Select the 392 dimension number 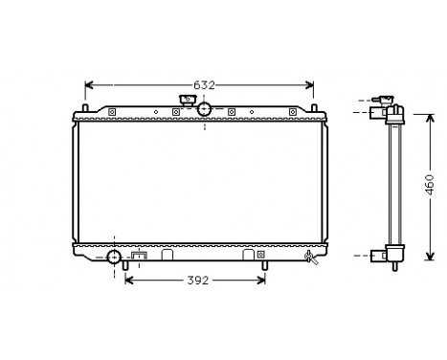(196, 281)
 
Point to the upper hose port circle (204, 110)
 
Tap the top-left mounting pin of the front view (85, 108)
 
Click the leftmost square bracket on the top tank (112, 114)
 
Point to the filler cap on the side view (387, 101)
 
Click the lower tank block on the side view (392, 255)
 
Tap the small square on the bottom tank (140, 256)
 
